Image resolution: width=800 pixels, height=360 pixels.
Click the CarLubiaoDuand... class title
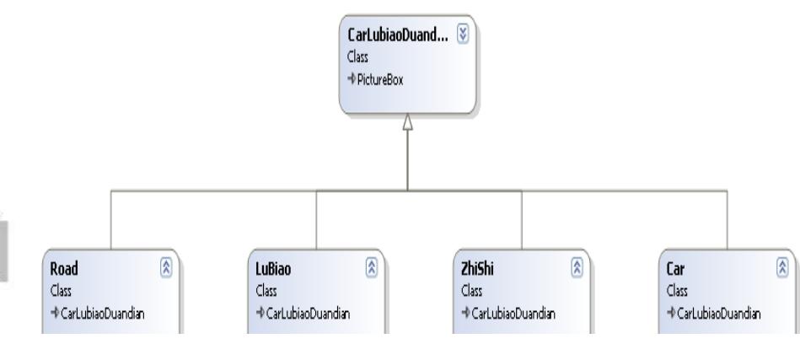click(398, 35)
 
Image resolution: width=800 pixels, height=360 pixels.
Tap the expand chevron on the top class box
click(463, 35)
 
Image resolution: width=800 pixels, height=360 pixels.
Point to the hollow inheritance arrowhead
click(407, 122)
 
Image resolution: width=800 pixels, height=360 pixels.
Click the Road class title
click(64, 268)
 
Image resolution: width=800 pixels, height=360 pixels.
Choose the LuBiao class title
click(273, 268)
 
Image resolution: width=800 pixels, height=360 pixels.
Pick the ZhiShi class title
click(477, 268)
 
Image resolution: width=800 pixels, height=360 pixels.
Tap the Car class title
click(675, 268)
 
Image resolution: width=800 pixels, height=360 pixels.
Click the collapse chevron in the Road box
click(166, 268)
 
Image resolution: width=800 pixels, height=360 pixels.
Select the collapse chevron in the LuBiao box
click(372, 268)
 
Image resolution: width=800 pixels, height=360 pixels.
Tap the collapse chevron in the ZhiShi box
click(577, 268)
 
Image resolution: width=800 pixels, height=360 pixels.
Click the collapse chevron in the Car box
click(782, 268)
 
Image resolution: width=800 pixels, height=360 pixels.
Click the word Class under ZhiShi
click(471, 291)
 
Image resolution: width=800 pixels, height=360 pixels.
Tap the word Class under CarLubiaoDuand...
click(357, 56)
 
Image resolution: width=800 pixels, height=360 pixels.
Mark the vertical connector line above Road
click(110, 220)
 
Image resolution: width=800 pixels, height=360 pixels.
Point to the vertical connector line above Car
click(727, 220)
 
